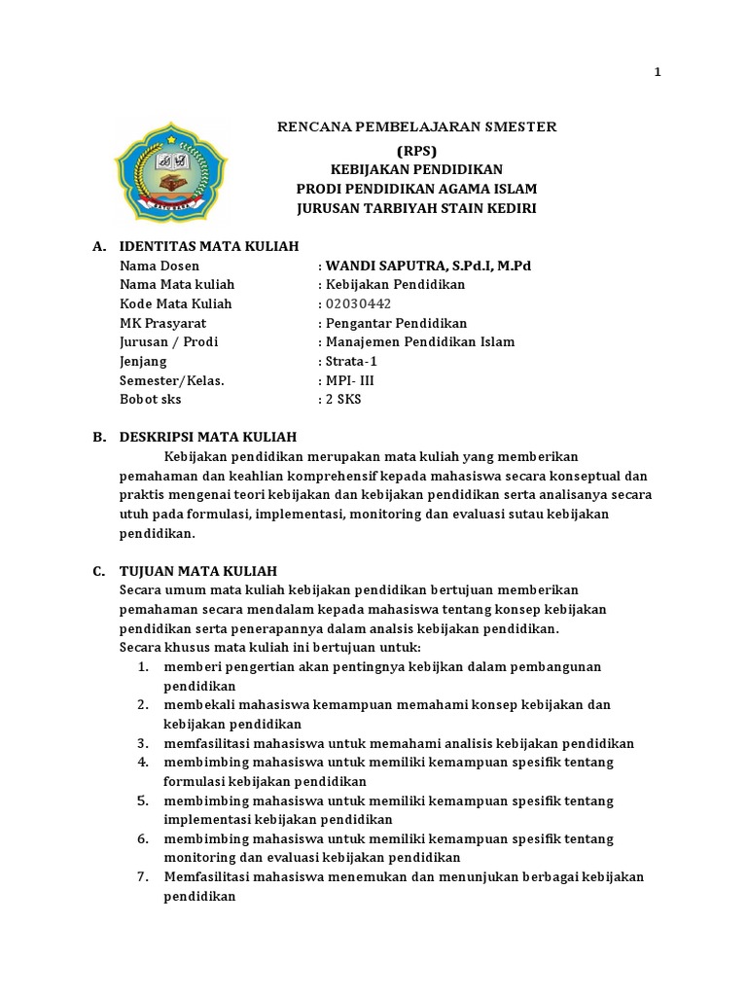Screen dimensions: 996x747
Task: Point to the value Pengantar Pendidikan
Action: coord(396,323)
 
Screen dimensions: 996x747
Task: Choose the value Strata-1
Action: coord(352,361)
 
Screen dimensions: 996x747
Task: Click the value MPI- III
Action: coord(349,380)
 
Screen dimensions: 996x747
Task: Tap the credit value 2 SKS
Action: coord(343,400)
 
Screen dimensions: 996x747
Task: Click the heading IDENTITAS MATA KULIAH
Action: coord(208,246)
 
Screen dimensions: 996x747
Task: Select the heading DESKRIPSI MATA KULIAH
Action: coord(207,437)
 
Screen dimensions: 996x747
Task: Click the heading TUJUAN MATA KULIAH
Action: coord(197,571)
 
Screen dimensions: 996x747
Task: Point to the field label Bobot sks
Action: coord(150,400)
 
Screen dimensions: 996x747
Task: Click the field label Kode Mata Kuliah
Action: coord(175,303)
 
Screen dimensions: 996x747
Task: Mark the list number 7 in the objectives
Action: coord(142,877)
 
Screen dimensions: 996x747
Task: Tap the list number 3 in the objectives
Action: coord(142,742)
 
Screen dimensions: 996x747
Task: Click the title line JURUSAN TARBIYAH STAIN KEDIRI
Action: coord(416,208)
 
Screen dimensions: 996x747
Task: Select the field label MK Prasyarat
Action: coord(162,323)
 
